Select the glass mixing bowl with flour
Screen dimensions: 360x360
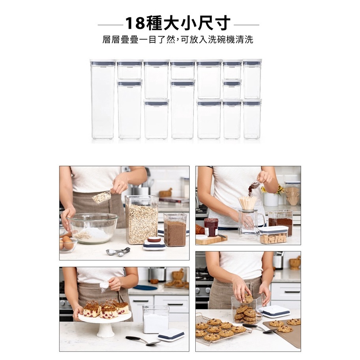pyautogui.click(x=92, y=228)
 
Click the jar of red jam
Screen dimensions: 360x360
pyautogui.click(x=211, y=227)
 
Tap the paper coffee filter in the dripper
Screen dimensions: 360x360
pyautogui.click(x=248, y=202)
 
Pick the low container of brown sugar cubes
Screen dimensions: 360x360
pyautogui.click(x=274, y=235)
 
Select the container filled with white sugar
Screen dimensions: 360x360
pyautogui.click(x=155, y=320)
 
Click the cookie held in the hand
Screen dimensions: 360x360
pyautogui.click(x=248, y=298)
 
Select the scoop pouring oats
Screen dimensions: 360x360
pyautogui.click(x=102, y=196)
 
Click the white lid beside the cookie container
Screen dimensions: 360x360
pyautogui.click(x=276, y=311)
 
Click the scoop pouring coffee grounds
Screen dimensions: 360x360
pyautogui.click(x=254, y=185)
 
